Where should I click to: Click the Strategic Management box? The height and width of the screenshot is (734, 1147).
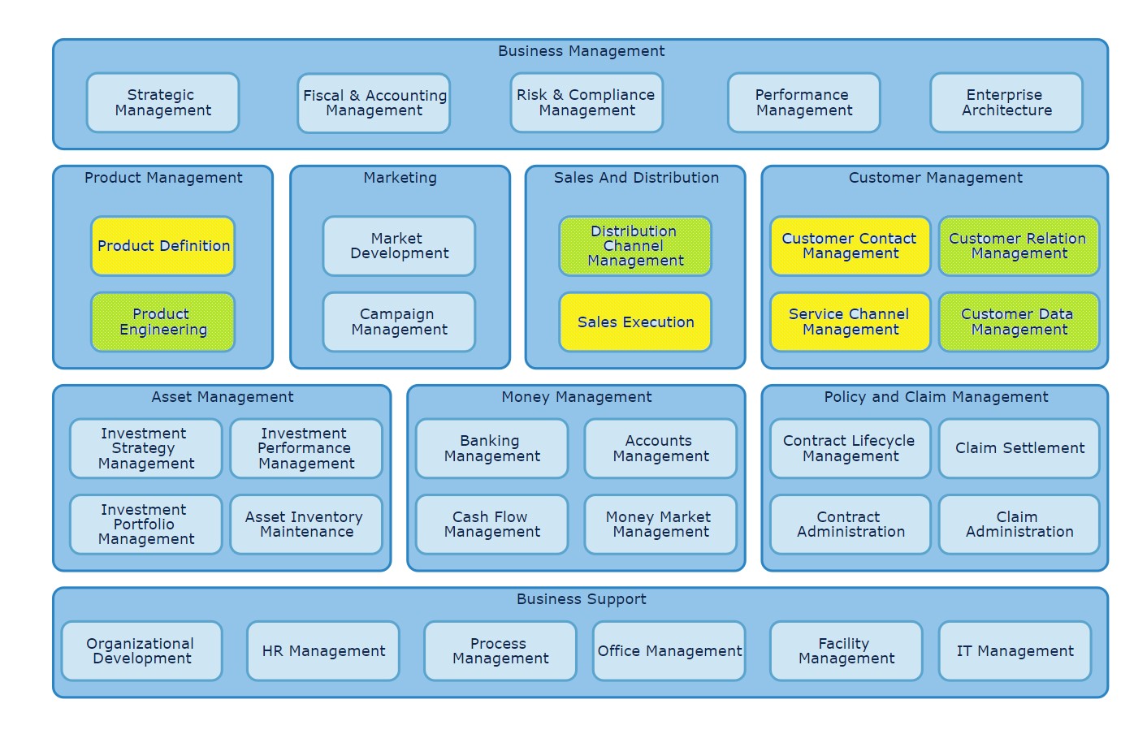point(162,103)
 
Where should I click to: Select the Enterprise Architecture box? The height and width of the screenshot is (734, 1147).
point(1006,103)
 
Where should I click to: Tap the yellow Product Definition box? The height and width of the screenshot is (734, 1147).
point(163,246)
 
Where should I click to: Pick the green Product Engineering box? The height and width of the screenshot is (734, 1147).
point(163,322)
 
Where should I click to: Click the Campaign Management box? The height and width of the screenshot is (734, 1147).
point(399,322)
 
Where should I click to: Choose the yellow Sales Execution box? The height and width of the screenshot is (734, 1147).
point(635,322)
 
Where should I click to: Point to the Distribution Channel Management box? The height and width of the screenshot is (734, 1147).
point(635,246)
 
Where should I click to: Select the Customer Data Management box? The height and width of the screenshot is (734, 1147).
point(1019,322)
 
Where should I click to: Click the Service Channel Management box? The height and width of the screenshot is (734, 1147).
point(850,322)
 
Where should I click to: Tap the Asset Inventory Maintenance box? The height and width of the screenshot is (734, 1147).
point(306,525)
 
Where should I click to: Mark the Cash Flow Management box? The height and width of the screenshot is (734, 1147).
point(491,525)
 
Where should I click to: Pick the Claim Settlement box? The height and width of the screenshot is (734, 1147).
point(1019,448)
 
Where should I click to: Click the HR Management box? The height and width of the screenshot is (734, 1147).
point(323,651)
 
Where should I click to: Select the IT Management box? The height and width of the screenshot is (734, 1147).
point(1015,651)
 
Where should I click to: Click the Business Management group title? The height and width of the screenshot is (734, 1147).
point(581,51)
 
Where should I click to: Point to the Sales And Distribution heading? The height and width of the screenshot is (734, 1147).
point(636,178)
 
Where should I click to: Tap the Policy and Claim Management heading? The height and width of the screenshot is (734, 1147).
point(936,397)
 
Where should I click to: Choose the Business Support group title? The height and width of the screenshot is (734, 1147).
point(581,599)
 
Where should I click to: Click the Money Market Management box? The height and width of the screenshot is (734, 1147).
point(660,525)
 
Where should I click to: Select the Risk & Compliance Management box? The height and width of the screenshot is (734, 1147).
point(586,103)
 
